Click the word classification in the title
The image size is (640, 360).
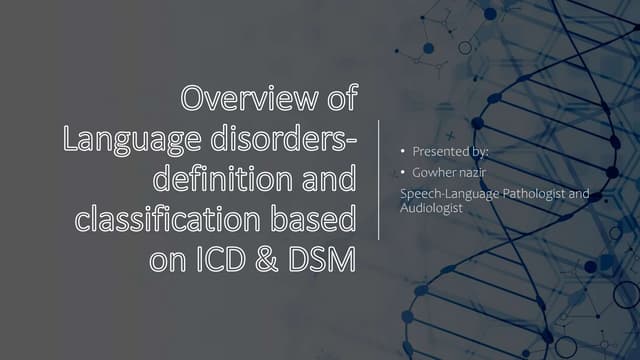click(175, 219)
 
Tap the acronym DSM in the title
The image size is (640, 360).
click(319, 259)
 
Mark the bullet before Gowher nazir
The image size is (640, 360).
click(403, 175)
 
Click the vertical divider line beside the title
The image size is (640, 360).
click(379, 179)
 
